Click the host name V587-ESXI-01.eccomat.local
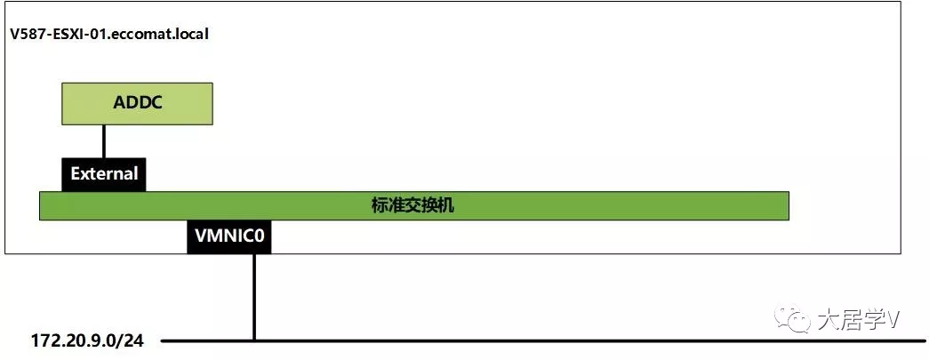(109, 35)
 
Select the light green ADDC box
(137, 103)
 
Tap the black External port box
(104, 173)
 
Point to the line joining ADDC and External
(104, 140)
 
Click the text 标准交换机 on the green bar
(412, 205)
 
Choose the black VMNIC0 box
(228, 237)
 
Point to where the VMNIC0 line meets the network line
(254, 340)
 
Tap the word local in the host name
(191, 35)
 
